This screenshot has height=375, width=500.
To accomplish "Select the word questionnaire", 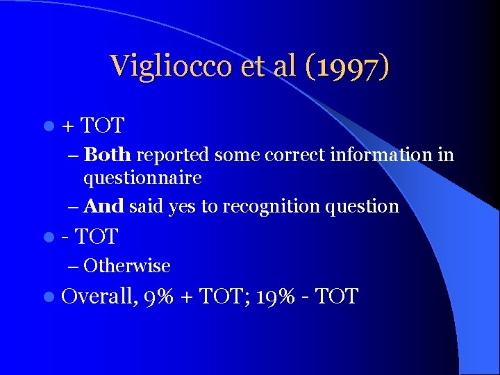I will tap(142, 178).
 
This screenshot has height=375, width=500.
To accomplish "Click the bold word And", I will tap(104, 206).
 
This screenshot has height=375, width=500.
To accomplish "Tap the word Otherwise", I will tap(127, 266).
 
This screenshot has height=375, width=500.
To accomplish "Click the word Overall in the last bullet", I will tap(99, 297).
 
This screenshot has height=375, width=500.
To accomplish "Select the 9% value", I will tap(160, 297).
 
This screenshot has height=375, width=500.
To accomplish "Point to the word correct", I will tap(293, 154).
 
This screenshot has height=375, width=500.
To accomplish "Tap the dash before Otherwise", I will tap(74, 266).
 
